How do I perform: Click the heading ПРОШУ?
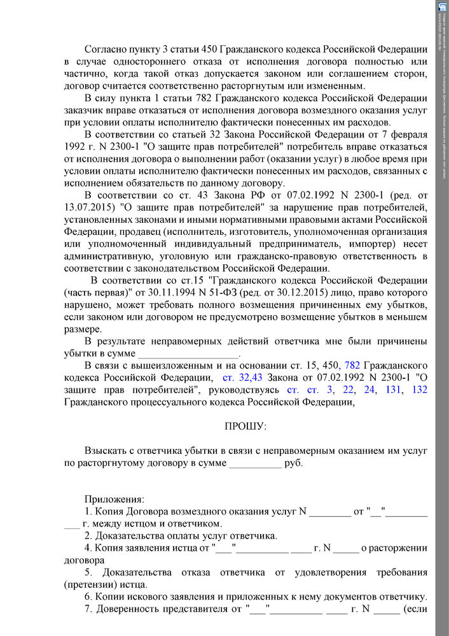coord(245,425)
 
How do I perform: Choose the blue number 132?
coord(419,389)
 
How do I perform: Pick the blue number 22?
coord(348,389)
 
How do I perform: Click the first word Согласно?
coord(106,50)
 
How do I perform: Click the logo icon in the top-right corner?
coord(442,6)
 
